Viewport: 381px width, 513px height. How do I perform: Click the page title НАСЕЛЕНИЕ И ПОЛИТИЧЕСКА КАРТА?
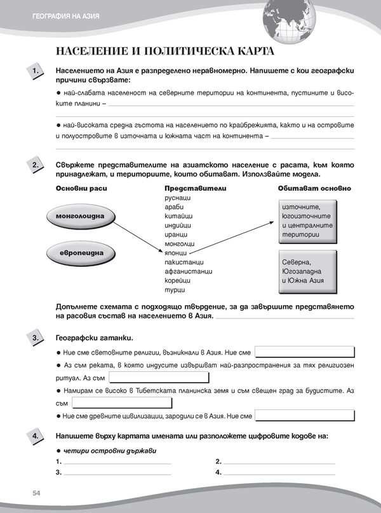click(x=165, y=51)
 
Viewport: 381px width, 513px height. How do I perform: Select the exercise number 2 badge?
click(x=36, y=167)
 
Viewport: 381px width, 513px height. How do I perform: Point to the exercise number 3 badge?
click(x=36, y=338)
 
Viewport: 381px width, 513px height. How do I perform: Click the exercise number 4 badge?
click(x=36, y=437)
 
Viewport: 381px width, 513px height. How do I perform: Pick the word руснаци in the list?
click(x=178, y=198)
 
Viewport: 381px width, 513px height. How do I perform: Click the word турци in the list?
click(x=174, y=289)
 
